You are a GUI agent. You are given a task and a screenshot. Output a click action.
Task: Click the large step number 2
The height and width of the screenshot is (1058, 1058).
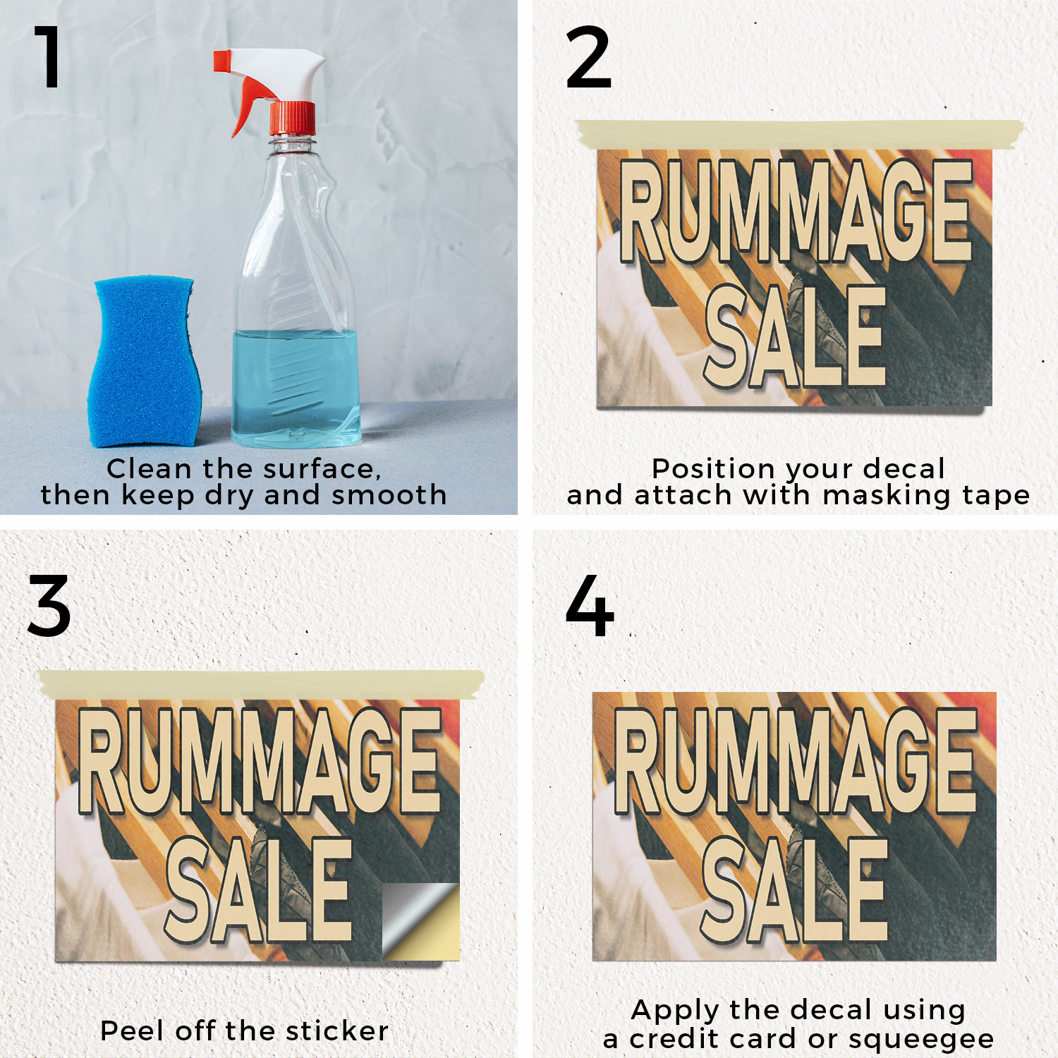[x=588, y=57]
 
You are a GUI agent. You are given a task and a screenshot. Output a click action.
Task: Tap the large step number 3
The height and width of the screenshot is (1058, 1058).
[x=49, y=605]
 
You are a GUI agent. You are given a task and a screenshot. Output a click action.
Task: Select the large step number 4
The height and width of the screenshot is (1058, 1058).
[x=590, y=605]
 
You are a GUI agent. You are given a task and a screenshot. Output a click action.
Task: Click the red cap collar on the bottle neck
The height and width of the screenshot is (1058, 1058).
[x=293, y=118]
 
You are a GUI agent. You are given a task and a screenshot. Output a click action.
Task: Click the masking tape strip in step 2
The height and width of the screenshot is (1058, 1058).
[x=800, y=134]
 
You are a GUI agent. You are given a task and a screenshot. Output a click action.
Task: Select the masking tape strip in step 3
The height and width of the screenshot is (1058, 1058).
[x=262, y=685]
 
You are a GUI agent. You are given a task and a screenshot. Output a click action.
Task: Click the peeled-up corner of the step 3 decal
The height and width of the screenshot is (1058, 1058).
[x=421, y=920]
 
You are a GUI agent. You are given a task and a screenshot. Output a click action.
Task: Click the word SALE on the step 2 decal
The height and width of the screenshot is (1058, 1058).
[x=795, y=336]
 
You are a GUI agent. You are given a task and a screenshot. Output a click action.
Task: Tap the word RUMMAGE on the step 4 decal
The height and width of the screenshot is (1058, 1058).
[x=795, y=761]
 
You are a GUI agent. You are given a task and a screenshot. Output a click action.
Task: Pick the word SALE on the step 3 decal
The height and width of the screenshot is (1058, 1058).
[x=259, y=891]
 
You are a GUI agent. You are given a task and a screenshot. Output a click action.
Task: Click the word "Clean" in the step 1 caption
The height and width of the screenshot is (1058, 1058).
[x=149, y=468]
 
